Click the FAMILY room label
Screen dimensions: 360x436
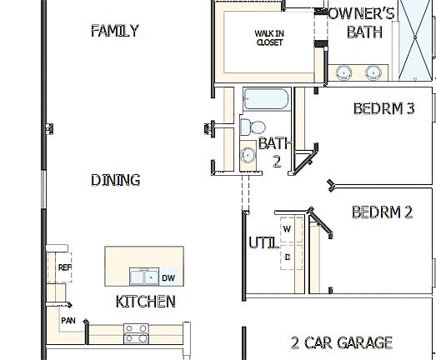[114, 31]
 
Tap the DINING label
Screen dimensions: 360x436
[115, 180]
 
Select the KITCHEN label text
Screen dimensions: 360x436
[145, 302]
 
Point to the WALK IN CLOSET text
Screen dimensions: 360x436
[269, 37]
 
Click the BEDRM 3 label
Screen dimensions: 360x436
[383, 107]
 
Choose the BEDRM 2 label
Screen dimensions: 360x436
[382, 212]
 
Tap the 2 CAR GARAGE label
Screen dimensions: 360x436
[341, 342]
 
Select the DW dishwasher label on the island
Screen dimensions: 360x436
[168, 278]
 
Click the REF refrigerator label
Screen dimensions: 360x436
[65, 267]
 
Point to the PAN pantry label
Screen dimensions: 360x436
[68, 319]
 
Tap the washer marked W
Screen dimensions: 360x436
[287, 227]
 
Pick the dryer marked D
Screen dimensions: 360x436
[287, 257]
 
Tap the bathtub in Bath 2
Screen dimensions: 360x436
[265, 101]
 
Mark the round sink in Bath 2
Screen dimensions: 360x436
[248, 156]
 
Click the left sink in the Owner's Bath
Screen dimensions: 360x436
[343, 74]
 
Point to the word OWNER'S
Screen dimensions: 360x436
[360, 12]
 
